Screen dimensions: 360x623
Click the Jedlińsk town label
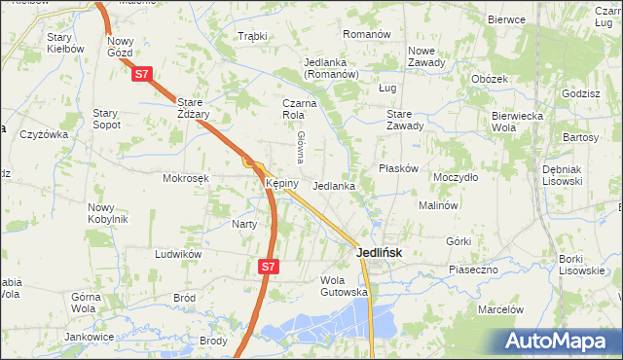(374, 251)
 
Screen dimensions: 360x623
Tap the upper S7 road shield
(142, 73)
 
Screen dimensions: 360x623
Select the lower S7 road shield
(270, 266)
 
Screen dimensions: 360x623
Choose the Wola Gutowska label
(344, 286)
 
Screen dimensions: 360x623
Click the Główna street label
(302, 147)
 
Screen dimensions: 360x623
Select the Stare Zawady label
(405, 120)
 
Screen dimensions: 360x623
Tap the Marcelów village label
(500, 309)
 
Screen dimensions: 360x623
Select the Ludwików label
(177, 254)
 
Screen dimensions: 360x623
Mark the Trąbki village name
(252, 37)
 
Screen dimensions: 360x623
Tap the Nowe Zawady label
(426, 56)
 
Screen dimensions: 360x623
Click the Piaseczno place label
(473, 269)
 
